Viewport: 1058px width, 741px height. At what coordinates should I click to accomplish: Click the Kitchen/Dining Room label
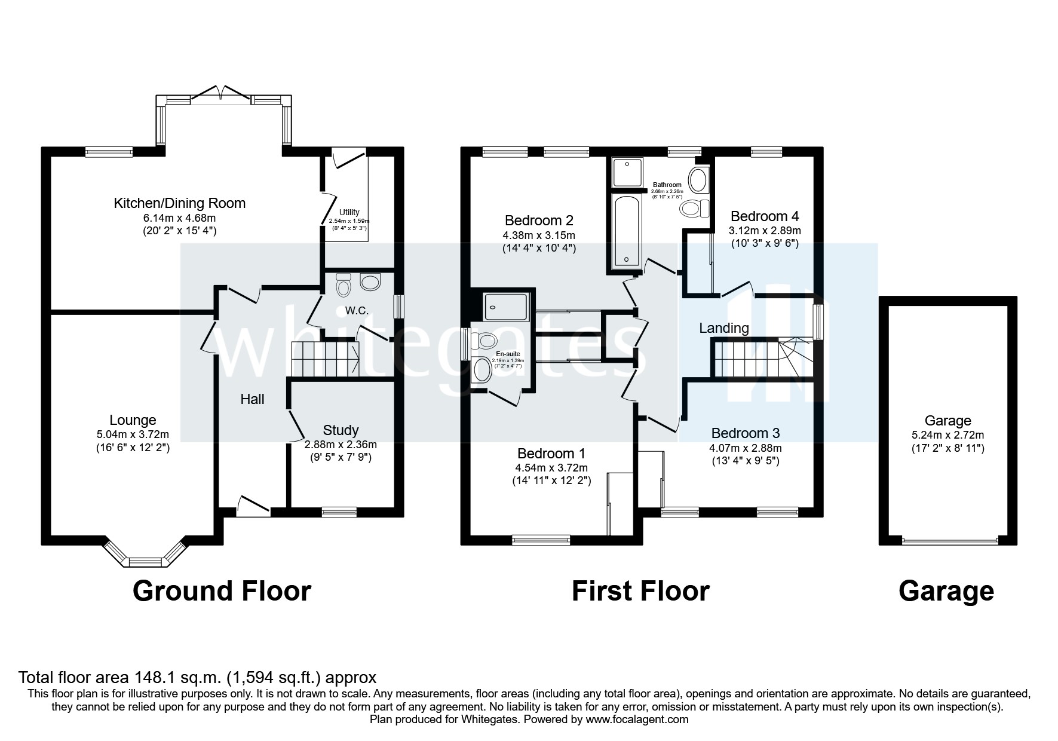[x=179, y=203]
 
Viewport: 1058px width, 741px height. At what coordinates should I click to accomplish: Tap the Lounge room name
[x=133, y=420]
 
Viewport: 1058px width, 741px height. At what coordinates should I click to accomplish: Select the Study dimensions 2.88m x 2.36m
[x=341, y=445]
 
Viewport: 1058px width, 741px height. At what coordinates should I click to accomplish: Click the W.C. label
[x=357, y=311]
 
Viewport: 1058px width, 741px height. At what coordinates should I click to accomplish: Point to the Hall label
[x=252, y=399]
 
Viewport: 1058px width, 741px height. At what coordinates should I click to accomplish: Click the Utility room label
[x=349, y=212]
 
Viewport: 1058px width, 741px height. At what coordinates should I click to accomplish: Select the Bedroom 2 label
[x=539, y=220]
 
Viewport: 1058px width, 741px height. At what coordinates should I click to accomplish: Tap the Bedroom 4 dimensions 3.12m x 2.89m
[x=764, y=230]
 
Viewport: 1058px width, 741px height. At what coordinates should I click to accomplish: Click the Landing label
[x=723, y=328]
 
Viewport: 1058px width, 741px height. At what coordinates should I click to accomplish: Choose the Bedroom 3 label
[x=745, y=433]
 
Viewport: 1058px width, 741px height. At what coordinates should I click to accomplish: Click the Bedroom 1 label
[x=551, y=453]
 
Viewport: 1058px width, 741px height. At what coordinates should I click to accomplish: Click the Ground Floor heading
[x=222, y=591]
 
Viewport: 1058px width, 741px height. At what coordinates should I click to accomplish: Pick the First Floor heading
[x=640, y=591]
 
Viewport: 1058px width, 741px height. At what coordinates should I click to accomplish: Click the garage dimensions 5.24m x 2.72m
[x=947, y=435]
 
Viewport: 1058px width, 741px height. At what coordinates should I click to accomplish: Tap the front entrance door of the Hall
[x=253, y=507]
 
